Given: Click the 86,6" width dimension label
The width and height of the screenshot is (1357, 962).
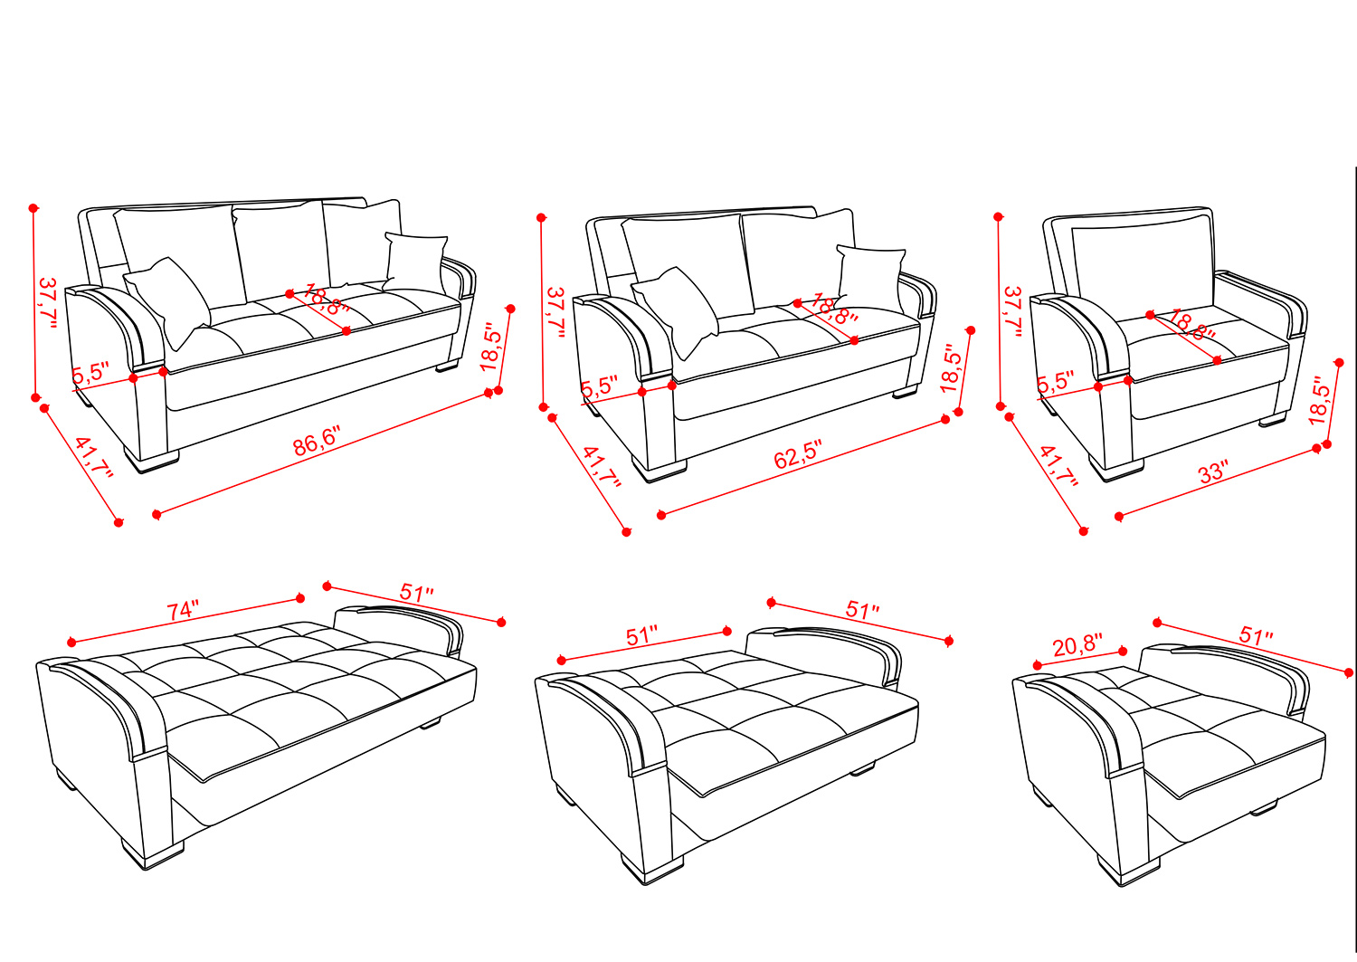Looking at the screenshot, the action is pos(317,441).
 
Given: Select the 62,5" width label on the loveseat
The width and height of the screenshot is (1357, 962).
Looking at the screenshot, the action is pos(798,454).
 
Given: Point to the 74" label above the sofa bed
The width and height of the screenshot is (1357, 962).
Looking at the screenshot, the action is pos(183,610).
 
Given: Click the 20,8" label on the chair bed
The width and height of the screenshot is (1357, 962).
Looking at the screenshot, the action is pos(1077,645).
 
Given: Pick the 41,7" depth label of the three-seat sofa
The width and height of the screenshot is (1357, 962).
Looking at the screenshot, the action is pos(94,457).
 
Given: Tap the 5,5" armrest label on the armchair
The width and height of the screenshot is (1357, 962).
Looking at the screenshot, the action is pos(1056,382).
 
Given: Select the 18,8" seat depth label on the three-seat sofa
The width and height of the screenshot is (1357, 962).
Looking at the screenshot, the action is pos(327,299).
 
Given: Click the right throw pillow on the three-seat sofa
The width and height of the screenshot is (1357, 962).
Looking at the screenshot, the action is pos(416,262).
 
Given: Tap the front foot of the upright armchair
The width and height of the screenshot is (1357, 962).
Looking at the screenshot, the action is pos(1115,467).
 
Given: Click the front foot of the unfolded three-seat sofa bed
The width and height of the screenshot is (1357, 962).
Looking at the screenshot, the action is pos(152,853).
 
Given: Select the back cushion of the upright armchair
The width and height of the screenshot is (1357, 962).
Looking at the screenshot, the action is pos(1143,266).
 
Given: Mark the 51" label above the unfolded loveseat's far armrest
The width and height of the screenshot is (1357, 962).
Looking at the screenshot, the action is pos(862,610).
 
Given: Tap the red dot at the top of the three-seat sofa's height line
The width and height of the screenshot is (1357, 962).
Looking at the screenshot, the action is pos(33,208).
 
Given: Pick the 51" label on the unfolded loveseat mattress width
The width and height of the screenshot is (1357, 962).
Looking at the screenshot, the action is pos(641,636).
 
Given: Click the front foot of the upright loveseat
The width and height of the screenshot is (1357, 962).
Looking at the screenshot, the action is pos(660,469).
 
